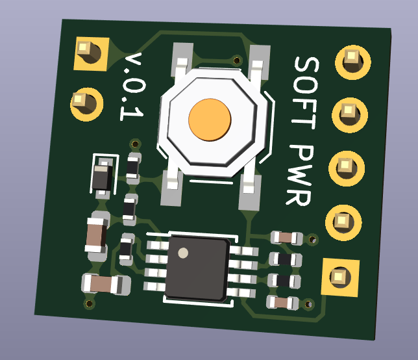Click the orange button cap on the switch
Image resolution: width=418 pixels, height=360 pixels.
pyautogui.click(x=210, y=120)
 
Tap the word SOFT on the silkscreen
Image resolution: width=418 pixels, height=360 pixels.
pyautogui.click(x=306, y=93)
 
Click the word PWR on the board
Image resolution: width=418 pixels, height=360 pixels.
pyautogui.click(x=299, y=175)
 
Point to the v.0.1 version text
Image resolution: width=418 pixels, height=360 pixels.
pyautogui.click(x=132, y=86)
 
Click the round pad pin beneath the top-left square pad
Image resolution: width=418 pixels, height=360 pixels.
pyautogui.click(x=86, y=105)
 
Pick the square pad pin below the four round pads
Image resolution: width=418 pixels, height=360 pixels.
pyautogui.click(x=340, y=277)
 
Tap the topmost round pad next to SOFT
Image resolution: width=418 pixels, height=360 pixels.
pyautogui.click(x=352, y=62)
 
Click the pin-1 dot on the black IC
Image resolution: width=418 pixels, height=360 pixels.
pyautogui.click(x=183, y=253)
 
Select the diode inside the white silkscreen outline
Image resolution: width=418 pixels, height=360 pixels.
pyautogui.click(x=103, y=177)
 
